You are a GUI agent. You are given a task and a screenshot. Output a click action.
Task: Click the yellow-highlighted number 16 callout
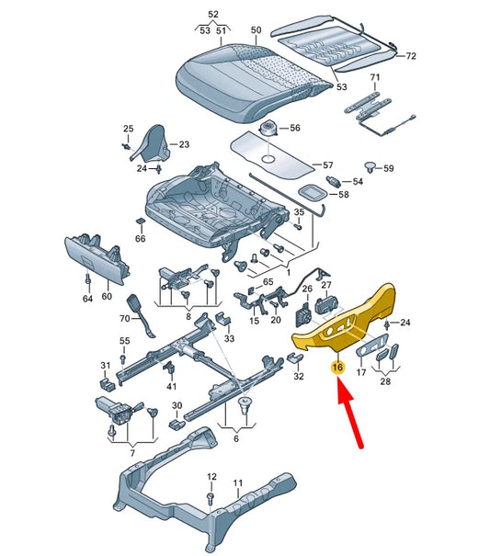pyautogui.click(x=337, y=367)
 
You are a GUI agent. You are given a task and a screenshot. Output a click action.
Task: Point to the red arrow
pyautogui.click(x=349, y=413)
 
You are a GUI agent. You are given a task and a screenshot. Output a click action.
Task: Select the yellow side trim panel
pyautogui.click(x=344, y=318)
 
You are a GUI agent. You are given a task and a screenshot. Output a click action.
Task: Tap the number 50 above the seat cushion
pyautogui.click(x=256, y=30)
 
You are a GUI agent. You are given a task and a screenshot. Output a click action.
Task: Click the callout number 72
pyautogui.click(x=411, y=56)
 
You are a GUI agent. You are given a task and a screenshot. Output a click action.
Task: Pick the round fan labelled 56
pyautogui.click(x=269, y=129)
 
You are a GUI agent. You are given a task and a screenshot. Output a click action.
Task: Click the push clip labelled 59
pyautogui.click(x=371, y=167)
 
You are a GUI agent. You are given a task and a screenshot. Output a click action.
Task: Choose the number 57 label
pyautogui.click(x=327, y=165)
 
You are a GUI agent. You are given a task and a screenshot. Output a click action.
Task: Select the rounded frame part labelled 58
pyautogui.click(x=313, y=193)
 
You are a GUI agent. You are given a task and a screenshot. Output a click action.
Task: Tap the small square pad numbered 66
pyautogui.click(x=141, y=222)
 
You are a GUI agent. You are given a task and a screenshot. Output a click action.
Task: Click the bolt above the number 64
pyautogui.click(x=87, y=279)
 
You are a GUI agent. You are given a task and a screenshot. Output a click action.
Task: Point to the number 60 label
pyautogui.click(x=107, y=296)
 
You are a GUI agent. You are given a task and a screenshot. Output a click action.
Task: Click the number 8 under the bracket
pyautogui.click(x=188, y=316)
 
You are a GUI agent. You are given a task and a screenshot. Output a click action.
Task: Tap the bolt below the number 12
pyautogui.click(x=210, y=498)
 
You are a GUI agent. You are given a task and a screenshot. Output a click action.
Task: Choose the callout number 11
pyautogui.click(x=238, y=482)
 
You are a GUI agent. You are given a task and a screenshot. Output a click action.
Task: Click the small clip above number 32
pyautogui.click(x=295, y=358)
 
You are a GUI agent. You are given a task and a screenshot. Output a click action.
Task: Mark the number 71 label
pyautogui.click(x=375, y=77)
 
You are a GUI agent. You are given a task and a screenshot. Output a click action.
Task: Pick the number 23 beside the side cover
pyautogui.click(x=184, y=144)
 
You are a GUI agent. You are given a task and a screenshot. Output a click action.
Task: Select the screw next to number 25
pyautogui.click(x=126, y=146)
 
